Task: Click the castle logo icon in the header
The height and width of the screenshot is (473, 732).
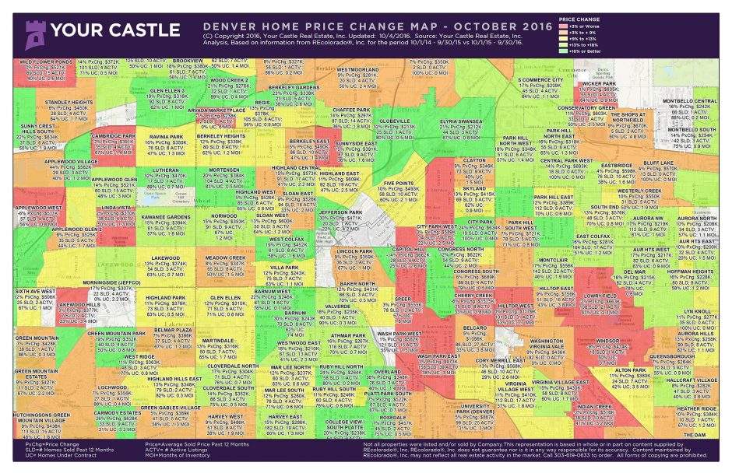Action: (x=33, y=32)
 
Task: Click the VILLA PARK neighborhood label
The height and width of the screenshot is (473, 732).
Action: (x=284, y=267)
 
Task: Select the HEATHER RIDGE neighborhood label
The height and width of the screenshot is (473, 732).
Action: (x=695, y=408)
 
